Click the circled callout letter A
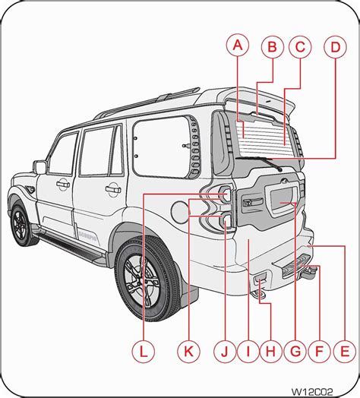(238, 47)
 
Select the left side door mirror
(39, 166)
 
